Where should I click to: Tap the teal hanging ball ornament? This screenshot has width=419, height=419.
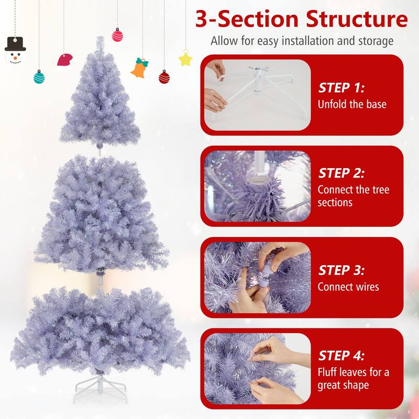[x=39, y=78]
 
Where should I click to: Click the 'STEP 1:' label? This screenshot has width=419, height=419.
[x=342, y=87]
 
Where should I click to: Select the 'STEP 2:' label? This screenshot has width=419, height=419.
[x=342, y=173]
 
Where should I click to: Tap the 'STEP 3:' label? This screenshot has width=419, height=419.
[x=342, y=270]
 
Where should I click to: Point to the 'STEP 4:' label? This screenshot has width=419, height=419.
[x=342, y=356]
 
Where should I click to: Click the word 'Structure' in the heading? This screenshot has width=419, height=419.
[x=346, y=19]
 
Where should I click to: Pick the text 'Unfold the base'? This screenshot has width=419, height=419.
[x=352, y=104]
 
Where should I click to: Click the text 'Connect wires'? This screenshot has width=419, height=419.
[x=348, y=286]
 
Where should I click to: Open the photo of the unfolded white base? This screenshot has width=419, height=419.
[x=257, y=94]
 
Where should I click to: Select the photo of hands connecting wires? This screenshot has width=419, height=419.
[x=257, y=278]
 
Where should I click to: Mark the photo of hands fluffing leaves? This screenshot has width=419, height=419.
[x=257, y=367]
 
